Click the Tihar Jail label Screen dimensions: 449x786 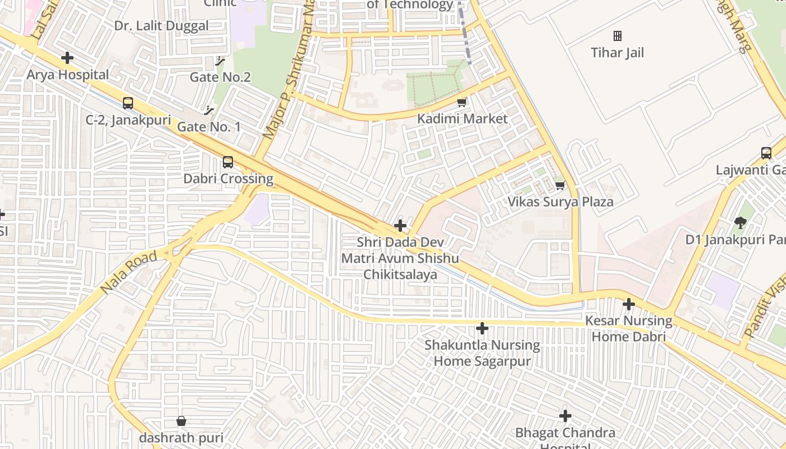[x=617, y=53]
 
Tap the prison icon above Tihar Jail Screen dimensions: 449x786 [x=618, y=36]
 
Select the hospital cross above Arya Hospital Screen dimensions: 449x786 [x=67, y=58]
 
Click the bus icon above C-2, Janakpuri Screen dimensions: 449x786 [x=128, y=103]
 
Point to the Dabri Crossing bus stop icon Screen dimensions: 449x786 [x=228, y=162]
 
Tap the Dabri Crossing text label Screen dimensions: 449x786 [x=229, y=179]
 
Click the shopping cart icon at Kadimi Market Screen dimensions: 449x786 [x=462, y=102]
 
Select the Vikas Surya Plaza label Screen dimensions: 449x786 [x=560, y=202]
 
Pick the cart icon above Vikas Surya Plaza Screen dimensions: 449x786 [x=559, y=185]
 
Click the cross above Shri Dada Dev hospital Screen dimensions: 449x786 [x=400, y=226]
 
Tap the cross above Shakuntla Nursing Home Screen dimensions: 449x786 [x=482, y=328]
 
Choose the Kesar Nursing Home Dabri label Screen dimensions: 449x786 [x=629, y=329]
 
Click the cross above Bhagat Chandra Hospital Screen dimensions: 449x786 [x=565, y=416]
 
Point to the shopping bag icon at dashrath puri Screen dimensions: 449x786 [x=181, y=421]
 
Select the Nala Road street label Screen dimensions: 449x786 [x=129, y=273]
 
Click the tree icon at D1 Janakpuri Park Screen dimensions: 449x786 [x=741, y=223]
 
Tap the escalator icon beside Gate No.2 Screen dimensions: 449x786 [x=220, y=61]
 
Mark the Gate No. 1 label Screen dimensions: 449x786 [x=209, y=127]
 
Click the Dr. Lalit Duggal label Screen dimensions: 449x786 [x=161, y=26]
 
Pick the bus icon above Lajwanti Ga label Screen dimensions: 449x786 [x=766, y=153]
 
